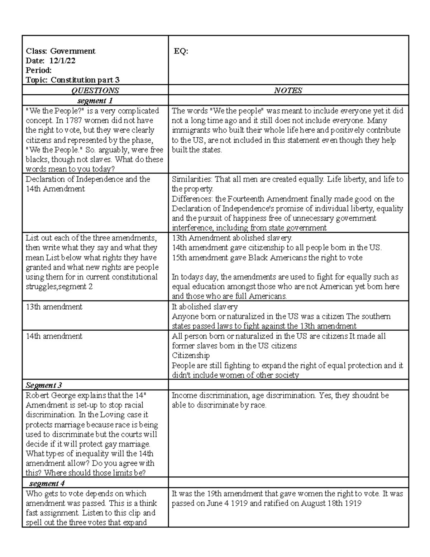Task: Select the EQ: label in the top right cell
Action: (181, 51)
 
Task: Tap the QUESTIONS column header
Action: (95, 90)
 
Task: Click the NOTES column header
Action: (288, 90)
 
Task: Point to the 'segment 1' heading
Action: (92, 100)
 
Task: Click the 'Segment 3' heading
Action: (44, 385)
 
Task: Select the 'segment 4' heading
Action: (47, 483)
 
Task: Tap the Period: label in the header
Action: (39, 70)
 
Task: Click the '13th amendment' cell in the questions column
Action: (54, 307)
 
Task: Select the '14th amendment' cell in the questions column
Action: (54, 336)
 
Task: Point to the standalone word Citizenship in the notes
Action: (191, 356)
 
